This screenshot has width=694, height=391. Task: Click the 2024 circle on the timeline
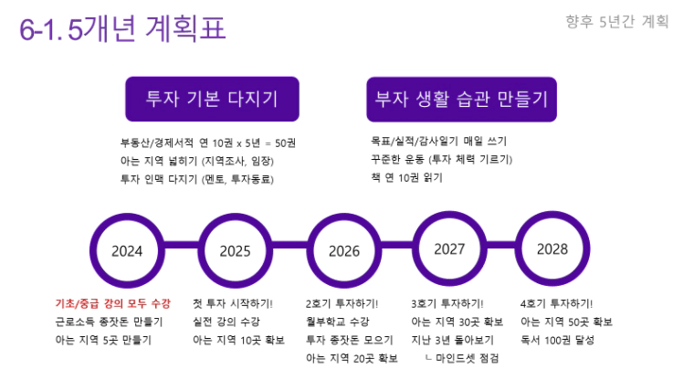point(127,250)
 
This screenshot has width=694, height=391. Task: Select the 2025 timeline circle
point(235,250)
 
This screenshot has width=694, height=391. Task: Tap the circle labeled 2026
point(344,250)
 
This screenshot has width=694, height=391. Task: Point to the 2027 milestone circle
point(449,248)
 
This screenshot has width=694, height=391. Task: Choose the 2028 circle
point(552,248)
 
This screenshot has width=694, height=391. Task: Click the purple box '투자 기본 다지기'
point(213,99)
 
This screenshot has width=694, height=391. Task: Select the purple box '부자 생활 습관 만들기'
point(462,100)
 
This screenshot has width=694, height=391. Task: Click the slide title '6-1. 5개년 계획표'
point(122,28)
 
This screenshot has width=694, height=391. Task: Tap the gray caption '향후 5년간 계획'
point(617,21)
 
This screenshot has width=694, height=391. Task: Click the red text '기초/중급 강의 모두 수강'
point(113,303)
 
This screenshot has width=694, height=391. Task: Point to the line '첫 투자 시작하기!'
point(233,303)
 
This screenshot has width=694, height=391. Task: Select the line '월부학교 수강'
point(338,322)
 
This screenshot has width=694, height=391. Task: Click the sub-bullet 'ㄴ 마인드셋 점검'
point(462,358)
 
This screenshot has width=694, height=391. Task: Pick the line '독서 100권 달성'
point(557,340)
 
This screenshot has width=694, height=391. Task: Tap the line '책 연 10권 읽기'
point(406,177)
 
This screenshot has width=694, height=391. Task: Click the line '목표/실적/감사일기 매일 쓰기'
point(438,141)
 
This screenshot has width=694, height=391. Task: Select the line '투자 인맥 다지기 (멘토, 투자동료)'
point(197,179)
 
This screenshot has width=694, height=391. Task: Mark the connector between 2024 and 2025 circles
point(181,245)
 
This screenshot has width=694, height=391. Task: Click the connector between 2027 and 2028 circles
point(501,245)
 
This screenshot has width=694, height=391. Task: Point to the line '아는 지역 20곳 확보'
point(352,358)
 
